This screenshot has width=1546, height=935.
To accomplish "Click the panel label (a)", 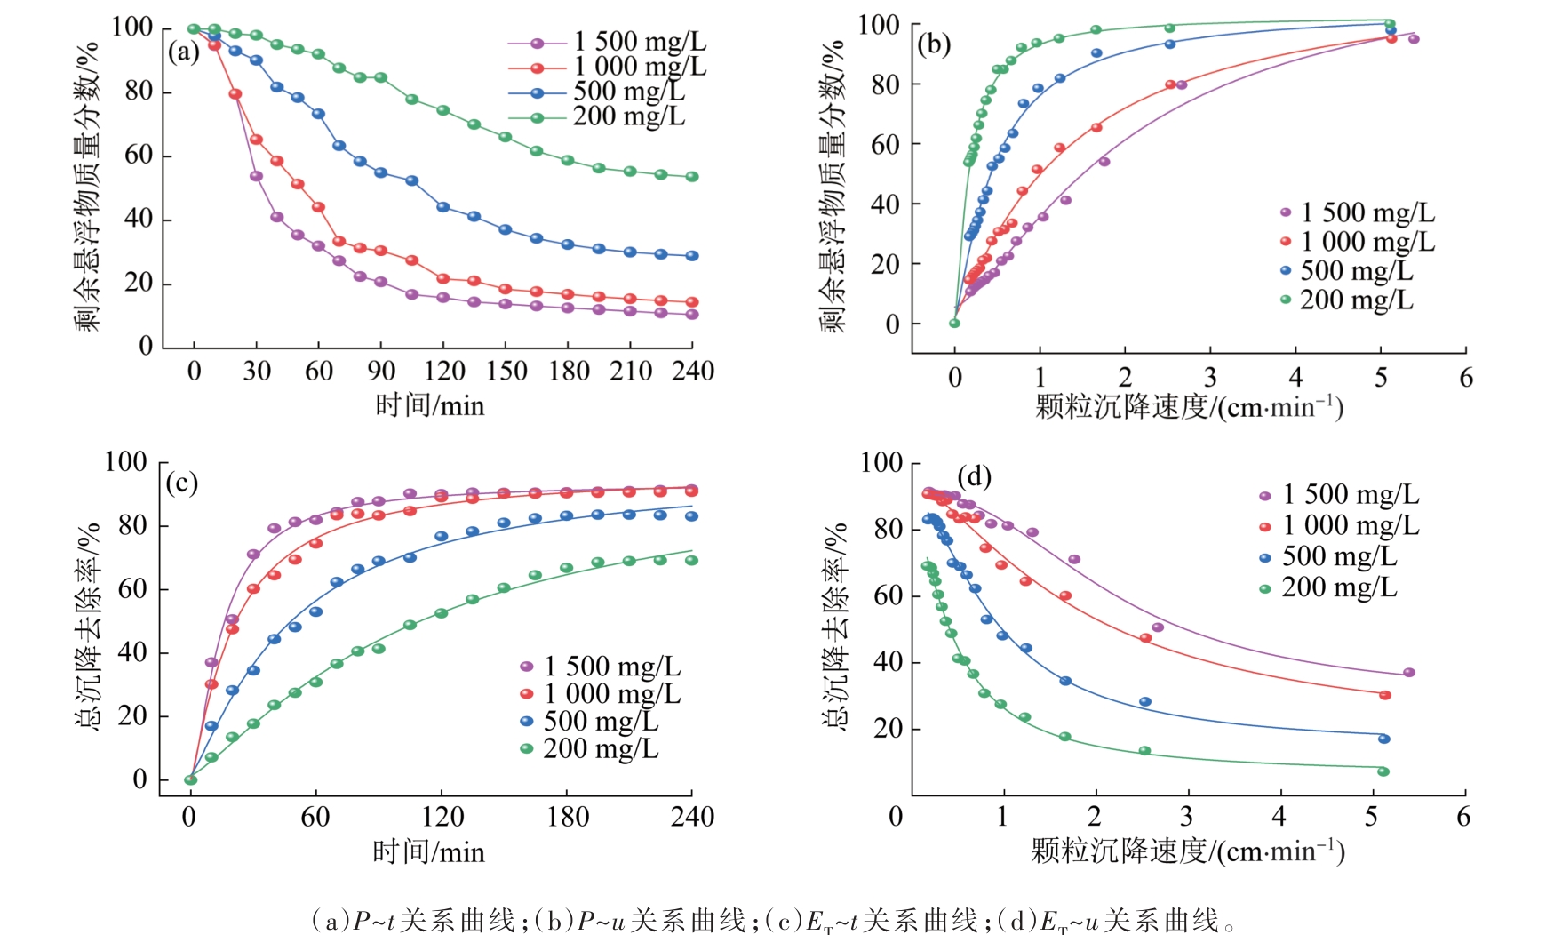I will (x=184, y=52).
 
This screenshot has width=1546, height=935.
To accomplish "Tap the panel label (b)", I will (x=934, y=44).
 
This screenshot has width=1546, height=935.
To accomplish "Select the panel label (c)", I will (x=182, y=483).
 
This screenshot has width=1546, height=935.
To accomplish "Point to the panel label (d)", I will (x=974, y=477).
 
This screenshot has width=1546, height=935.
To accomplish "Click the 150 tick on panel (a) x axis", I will (x=506, y=371).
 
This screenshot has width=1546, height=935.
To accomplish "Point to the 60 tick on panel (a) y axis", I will (x=139, y=156).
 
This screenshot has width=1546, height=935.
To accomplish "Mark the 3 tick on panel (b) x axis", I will (x=1210, y=377).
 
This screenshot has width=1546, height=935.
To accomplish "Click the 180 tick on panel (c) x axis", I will (x=567, y=817).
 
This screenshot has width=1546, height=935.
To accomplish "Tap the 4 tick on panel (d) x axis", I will (x=1279, y=817).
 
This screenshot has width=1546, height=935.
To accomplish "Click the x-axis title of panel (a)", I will (x=429, y=406).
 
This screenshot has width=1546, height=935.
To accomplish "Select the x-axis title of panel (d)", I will (x=1187, y=851).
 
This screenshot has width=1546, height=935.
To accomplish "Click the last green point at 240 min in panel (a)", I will (x=692, y=177).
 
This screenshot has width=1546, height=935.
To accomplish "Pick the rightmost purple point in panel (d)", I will (x=1409, y=673).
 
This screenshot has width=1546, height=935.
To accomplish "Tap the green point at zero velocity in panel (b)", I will (x=954, y=324).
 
